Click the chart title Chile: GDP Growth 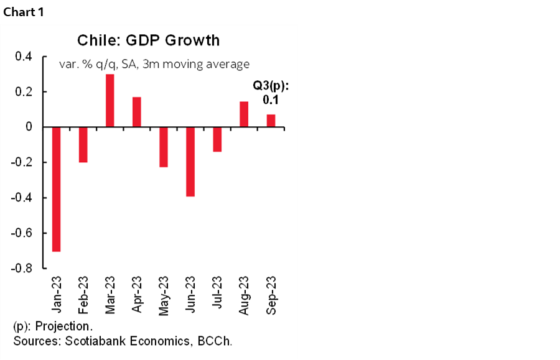point(148,40)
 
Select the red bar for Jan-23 point(57,189)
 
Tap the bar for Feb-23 point(83,145)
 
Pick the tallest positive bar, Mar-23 point(110,101)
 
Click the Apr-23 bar point(136,112)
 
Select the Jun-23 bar point(190,162)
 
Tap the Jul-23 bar point(217,139)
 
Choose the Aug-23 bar point(244,114)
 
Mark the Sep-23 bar point(271,121)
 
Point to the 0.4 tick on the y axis point(23,57)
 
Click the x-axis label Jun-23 point(190,295)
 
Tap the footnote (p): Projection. point(52,326)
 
